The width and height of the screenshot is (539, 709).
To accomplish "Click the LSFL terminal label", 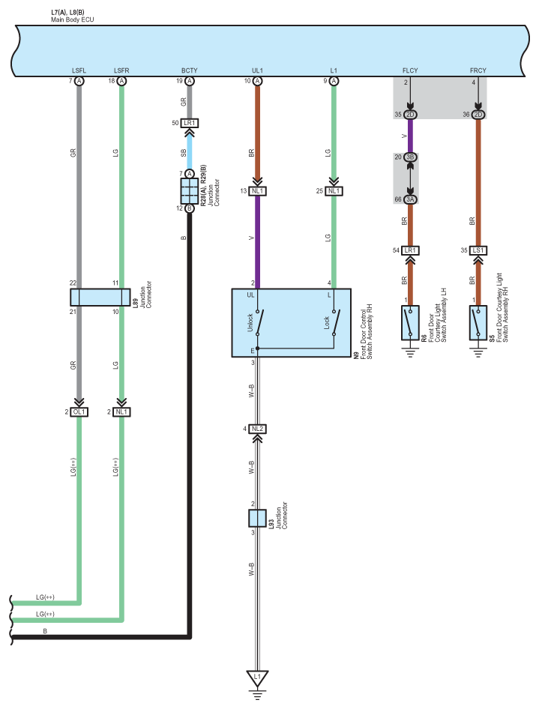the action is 79,70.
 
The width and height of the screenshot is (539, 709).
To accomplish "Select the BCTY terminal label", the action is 190,70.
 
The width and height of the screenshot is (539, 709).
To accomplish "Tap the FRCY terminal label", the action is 478,70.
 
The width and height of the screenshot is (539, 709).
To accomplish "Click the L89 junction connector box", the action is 100,297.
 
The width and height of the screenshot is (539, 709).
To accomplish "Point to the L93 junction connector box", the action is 257,518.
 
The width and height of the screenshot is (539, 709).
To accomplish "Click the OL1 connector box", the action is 79,412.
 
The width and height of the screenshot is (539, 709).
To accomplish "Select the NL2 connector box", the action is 257,429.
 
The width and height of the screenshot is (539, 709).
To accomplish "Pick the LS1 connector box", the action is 478,250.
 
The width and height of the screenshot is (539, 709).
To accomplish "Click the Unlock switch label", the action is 250,322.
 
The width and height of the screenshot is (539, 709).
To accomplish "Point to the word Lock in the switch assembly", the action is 327,322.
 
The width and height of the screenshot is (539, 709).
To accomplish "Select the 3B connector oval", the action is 410,157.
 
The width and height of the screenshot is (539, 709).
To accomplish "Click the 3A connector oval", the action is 410,199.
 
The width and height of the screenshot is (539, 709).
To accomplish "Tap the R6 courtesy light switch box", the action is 410,323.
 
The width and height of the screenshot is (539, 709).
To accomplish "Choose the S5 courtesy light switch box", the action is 478,323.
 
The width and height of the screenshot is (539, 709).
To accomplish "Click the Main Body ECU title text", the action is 73,20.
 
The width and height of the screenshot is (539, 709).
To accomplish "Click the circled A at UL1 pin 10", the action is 257,81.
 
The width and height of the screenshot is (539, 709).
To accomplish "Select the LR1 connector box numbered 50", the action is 190,123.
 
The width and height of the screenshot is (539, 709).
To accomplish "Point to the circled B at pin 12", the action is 190,208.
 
